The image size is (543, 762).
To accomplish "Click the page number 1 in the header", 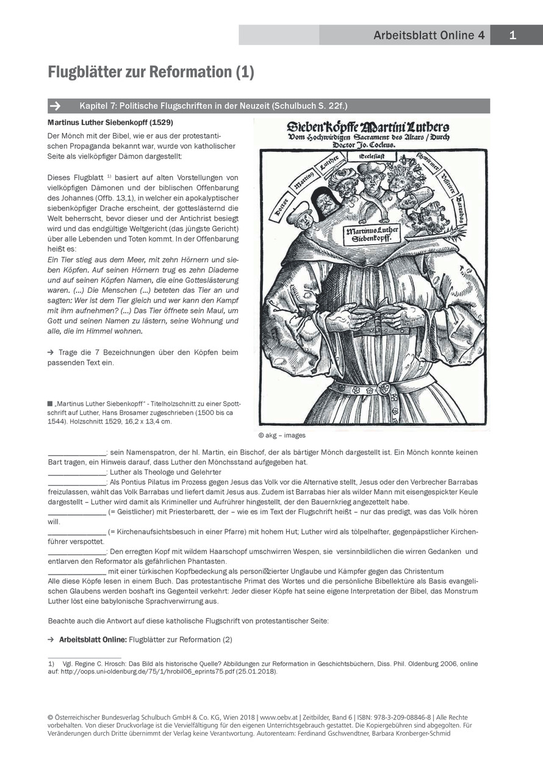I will [512, 35].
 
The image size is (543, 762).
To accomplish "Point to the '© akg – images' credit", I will [282, 436].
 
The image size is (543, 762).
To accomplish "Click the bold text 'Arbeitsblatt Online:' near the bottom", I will [93, 640].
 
